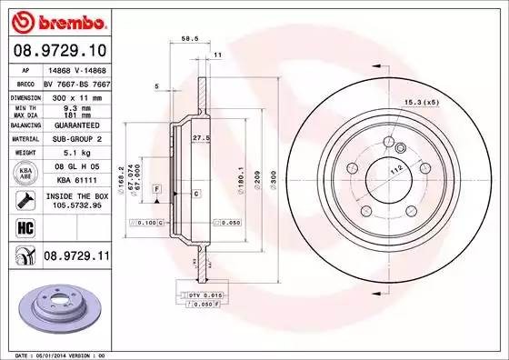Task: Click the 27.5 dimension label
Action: coord(201,137)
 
